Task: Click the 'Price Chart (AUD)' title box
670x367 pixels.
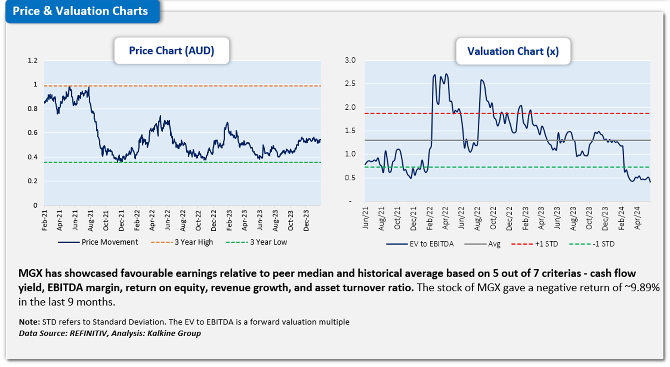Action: pos(171,51)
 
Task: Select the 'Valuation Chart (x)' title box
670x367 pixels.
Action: pos(513,52)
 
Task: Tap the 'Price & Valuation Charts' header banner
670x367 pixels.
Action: pos(80,11)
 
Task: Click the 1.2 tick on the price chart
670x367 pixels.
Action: pos(33,60)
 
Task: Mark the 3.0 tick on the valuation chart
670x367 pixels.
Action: pos(350,60)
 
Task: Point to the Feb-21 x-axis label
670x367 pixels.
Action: pos(44,220)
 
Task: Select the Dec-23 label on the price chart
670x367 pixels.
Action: pos(306,220)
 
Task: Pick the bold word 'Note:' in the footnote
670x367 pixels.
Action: pos(29,322)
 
